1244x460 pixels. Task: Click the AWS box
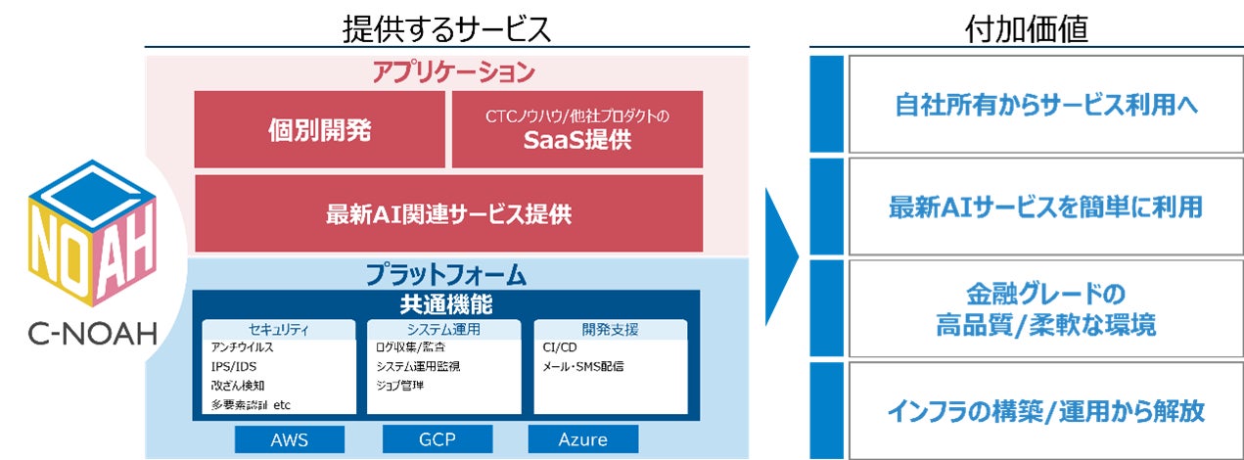tap(289, 439)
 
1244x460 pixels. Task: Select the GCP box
tap(437, 439)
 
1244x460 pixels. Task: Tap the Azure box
tap(582, 439)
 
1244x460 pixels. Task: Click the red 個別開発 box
tap(320, 130)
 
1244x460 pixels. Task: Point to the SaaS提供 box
tap(577, 130)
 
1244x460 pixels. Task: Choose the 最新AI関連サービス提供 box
tap(448, 213)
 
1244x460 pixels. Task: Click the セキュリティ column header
tap(279, 329)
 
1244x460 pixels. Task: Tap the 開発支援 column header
tap(610, 329)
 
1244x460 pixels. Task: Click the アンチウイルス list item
tap(242, 347)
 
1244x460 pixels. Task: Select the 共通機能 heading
tap(446, 303)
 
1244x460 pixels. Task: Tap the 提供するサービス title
tap(446, 28)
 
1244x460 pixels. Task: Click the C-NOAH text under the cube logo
tap(93, 335)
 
